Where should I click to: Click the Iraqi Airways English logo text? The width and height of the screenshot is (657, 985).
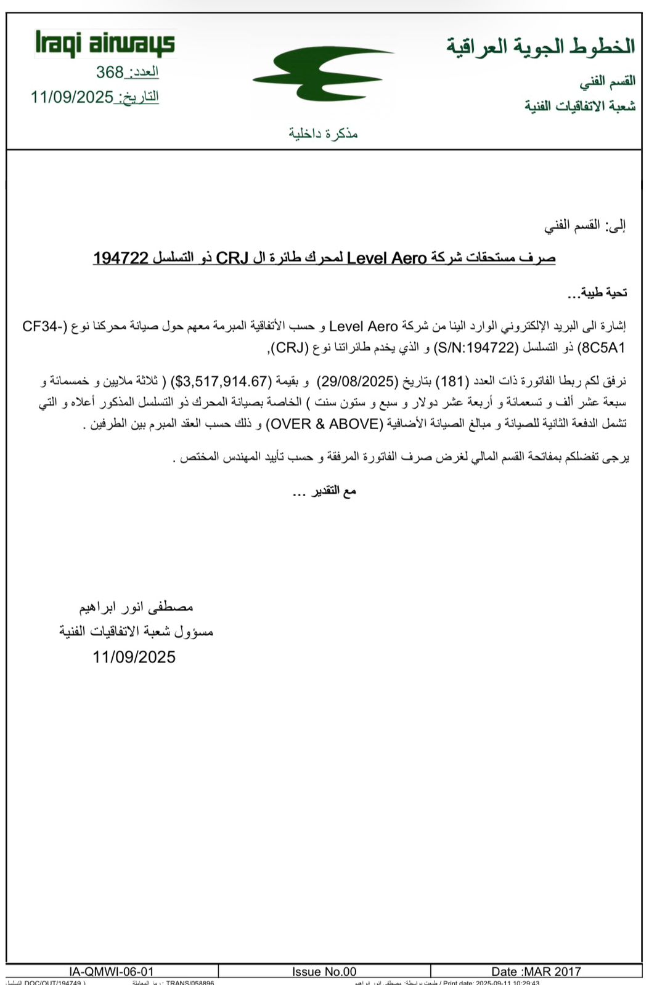tap(105, 44)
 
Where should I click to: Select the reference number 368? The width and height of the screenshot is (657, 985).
tap(110, 73)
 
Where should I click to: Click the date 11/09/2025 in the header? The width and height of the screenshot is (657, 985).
tap(72, 97)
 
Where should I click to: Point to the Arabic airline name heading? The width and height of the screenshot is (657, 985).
tap(541, 47)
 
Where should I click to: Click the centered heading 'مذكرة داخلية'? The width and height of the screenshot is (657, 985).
tap(323, 134)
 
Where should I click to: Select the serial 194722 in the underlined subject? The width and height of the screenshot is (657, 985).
tap(121, 259)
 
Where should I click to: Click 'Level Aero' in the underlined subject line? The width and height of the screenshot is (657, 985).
tap(387, 259)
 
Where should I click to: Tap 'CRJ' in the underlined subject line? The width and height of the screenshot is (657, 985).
tap(232, 259)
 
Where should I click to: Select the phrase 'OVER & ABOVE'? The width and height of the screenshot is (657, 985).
tap(324, 424)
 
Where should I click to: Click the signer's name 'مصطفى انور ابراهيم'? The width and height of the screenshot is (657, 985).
tap(136, 607)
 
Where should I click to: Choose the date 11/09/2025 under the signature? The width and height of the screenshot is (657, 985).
tap(134, 657)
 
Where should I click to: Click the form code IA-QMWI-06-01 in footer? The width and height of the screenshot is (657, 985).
tap(112, 971)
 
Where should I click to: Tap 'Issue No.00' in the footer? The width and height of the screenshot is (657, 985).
tap(324, 971)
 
